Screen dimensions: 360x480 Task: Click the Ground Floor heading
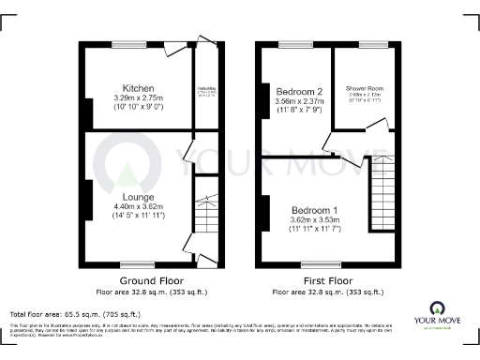144,280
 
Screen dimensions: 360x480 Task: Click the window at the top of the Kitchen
126,44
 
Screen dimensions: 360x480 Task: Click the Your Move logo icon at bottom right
437,307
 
